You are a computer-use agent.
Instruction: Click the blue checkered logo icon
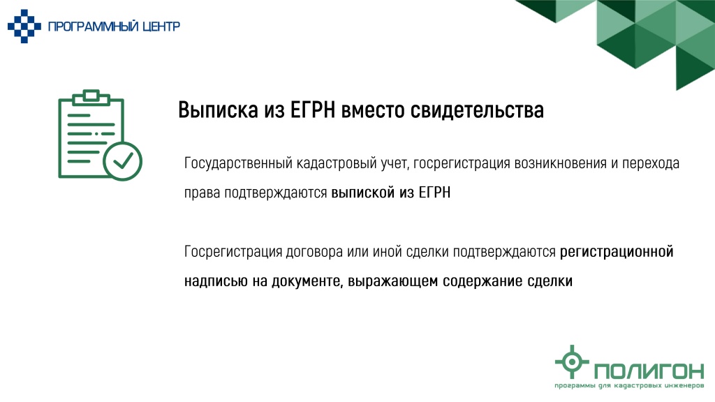click(24, 26)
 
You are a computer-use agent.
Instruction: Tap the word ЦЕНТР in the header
click(161, 27)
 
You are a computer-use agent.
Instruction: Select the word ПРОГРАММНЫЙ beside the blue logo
click(93, 27)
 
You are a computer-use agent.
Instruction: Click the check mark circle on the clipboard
click(122, 161)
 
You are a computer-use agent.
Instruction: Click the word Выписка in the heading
click(218, 110)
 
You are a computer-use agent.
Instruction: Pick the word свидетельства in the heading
click(477, 110)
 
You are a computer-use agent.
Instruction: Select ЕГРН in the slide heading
click(312, 110)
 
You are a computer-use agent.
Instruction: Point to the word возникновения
click(561, 163)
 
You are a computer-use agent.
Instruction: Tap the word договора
click(314, 251)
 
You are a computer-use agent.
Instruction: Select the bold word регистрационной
click(617, 251)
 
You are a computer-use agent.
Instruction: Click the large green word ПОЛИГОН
click(649, 371)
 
